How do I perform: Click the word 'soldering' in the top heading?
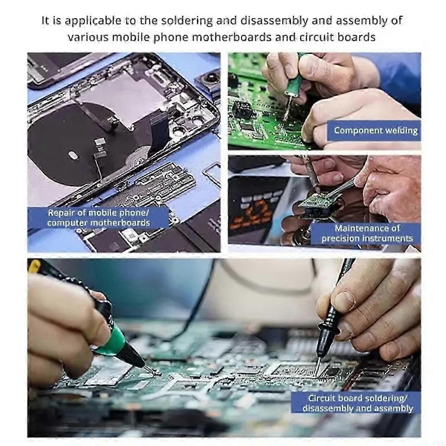[x=187, y=21]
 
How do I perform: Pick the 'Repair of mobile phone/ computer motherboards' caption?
[x=98, y=217]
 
